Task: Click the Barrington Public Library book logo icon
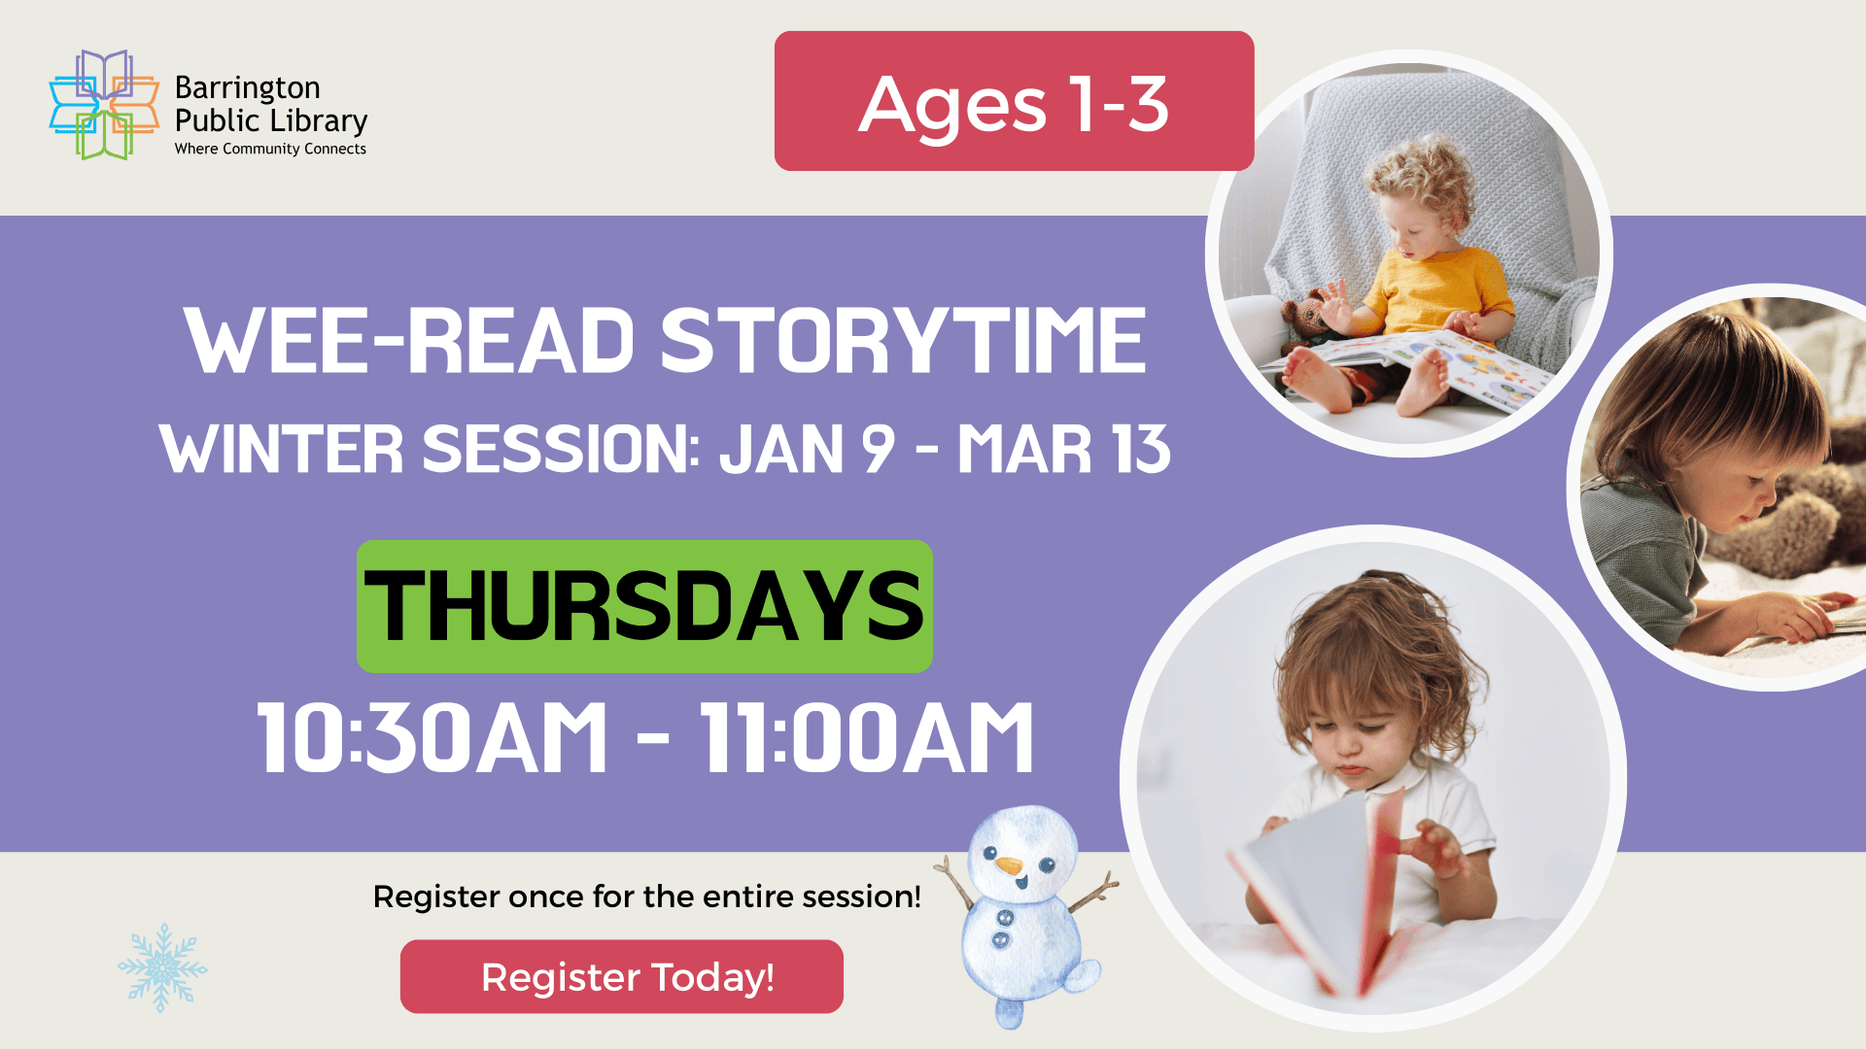(x=104, y=105)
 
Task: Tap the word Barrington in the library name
(x=247, y=88)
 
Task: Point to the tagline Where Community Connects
(x=270, y=149)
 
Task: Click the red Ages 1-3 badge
(x=1014, y=102)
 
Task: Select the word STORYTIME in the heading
(x=903, y=342)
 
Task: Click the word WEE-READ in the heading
(x=409, y=342)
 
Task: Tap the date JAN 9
(x=806, y=450)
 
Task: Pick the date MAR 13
(x=1063, y=450)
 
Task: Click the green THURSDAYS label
(x=644, y=606)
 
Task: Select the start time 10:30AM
(x=432, y=738)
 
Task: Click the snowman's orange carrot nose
(x=1010, y=864)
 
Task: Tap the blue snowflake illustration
(x=162, y=967)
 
